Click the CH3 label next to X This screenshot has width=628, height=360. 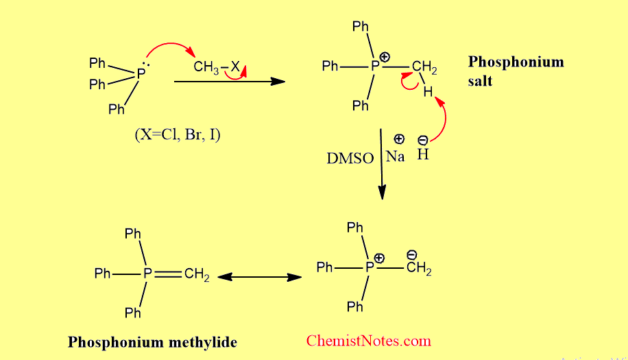205,67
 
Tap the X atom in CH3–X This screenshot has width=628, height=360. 234,67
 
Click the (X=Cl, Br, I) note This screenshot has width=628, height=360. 178,134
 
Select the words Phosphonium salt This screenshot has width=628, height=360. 516,71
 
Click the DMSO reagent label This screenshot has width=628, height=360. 350,158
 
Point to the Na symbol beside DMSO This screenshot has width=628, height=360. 395,156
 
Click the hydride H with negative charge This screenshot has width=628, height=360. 423,155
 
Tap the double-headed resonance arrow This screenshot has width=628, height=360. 260,277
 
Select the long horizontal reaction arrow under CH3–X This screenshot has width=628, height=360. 230,81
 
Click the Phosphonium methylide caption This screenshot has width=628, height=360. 152,341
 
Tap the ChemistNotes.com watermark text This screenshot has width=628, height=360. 369,340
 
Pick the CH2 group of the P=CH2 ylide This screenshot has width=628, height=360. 197,275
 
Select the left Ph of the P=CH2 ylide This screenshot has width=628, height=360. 103,274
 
